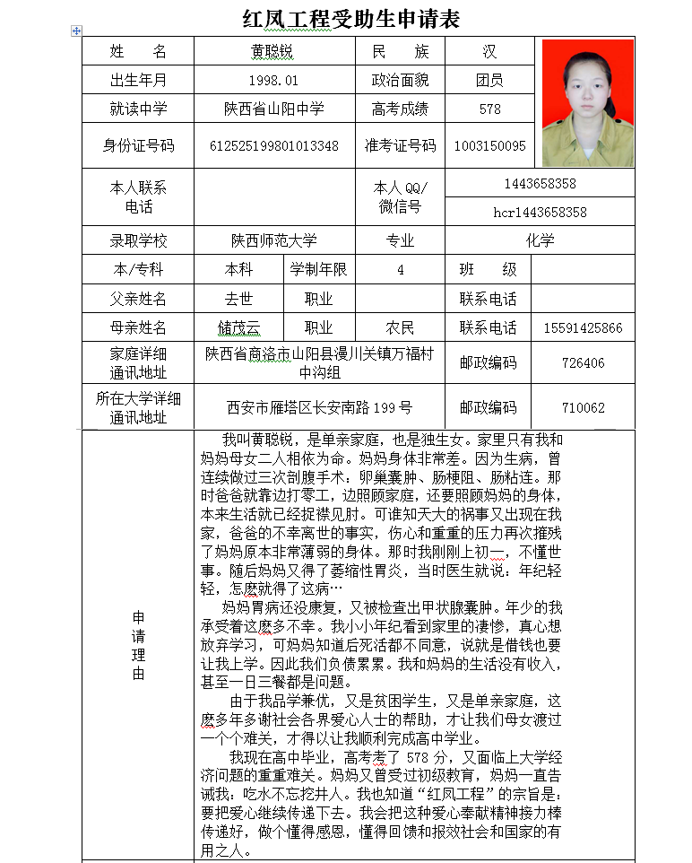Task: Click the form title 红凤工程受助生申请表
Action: pyautogui.click(x=351, y=19)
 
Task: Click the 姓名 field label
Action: pyautogui.click(x=138, y=52)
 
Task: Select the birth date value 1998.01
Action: pyautogui.click(x=273, y=81)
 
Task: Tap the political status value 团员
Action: pyautogui.click(x=489, y=81)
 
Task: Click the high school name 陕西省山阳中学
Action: pyautogui.click(x=273, y=109)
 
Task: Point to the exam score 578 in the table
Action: pyautogui.click(x=489, y=109)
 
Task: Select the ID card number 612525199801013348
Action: pyautogui.click(x=273, y=145)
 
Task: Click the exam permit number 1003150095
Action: pyautogui.click(x=489, y=145)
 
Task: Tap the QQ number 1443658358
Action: pyautogui.click(x=540, y=184)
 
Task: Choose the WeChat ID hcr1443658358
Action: pyautogui.click(x=540, y=212)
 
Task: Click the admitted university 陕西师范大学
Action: pyautogui.click(x=273, y=240)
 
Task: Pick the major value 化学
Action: pyautogui.click(x=540, y=240)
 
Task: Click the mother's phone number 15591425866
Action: pyautogui.click(x=583, y=328)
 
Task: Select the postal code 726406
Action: pyautogui.click(x=583, y=363)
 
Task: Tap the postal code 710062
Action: pyautogui.click(x=583, y=407)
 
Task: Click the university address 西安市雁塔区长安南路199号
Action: pyautogui.click(x=319, y=407)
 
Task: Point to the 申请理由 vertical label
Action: pyautogui.click(x=138, y=646)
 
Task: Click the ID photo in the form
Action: pyautogui.click(x=587, y=102)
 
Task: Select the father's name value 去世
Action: pyautogui.click(x=238, y=299)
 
